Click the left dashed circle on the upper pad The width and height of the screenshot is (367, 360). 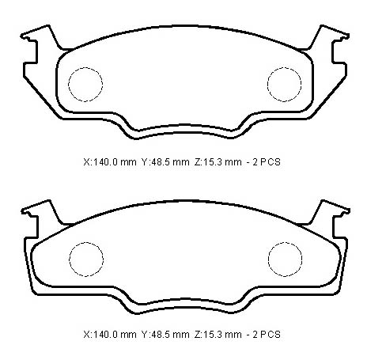pyautogui.click(x=69, y=85)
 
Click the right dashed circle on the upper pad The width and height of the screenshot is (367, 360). pyautogui.click(x=267, y=85)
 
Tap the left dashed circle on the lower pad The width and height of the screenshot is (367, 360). pyautogui.click(x=70, y=260)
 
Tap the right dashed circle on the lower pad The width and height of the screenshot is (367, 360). pyautogui.click(x=268, y=260)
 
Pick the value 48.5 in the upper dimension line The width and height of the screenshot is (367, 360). pyautogui.click(x=160, y=161)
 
